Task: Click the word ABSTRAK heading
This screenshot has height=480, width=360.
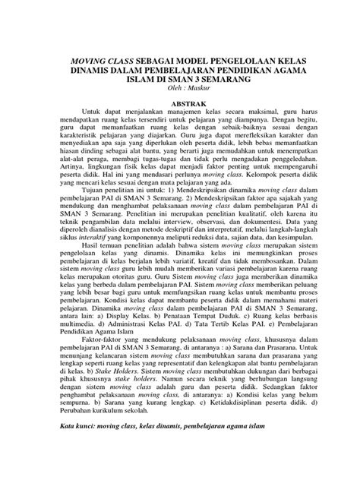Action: (x=179, y=100)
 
